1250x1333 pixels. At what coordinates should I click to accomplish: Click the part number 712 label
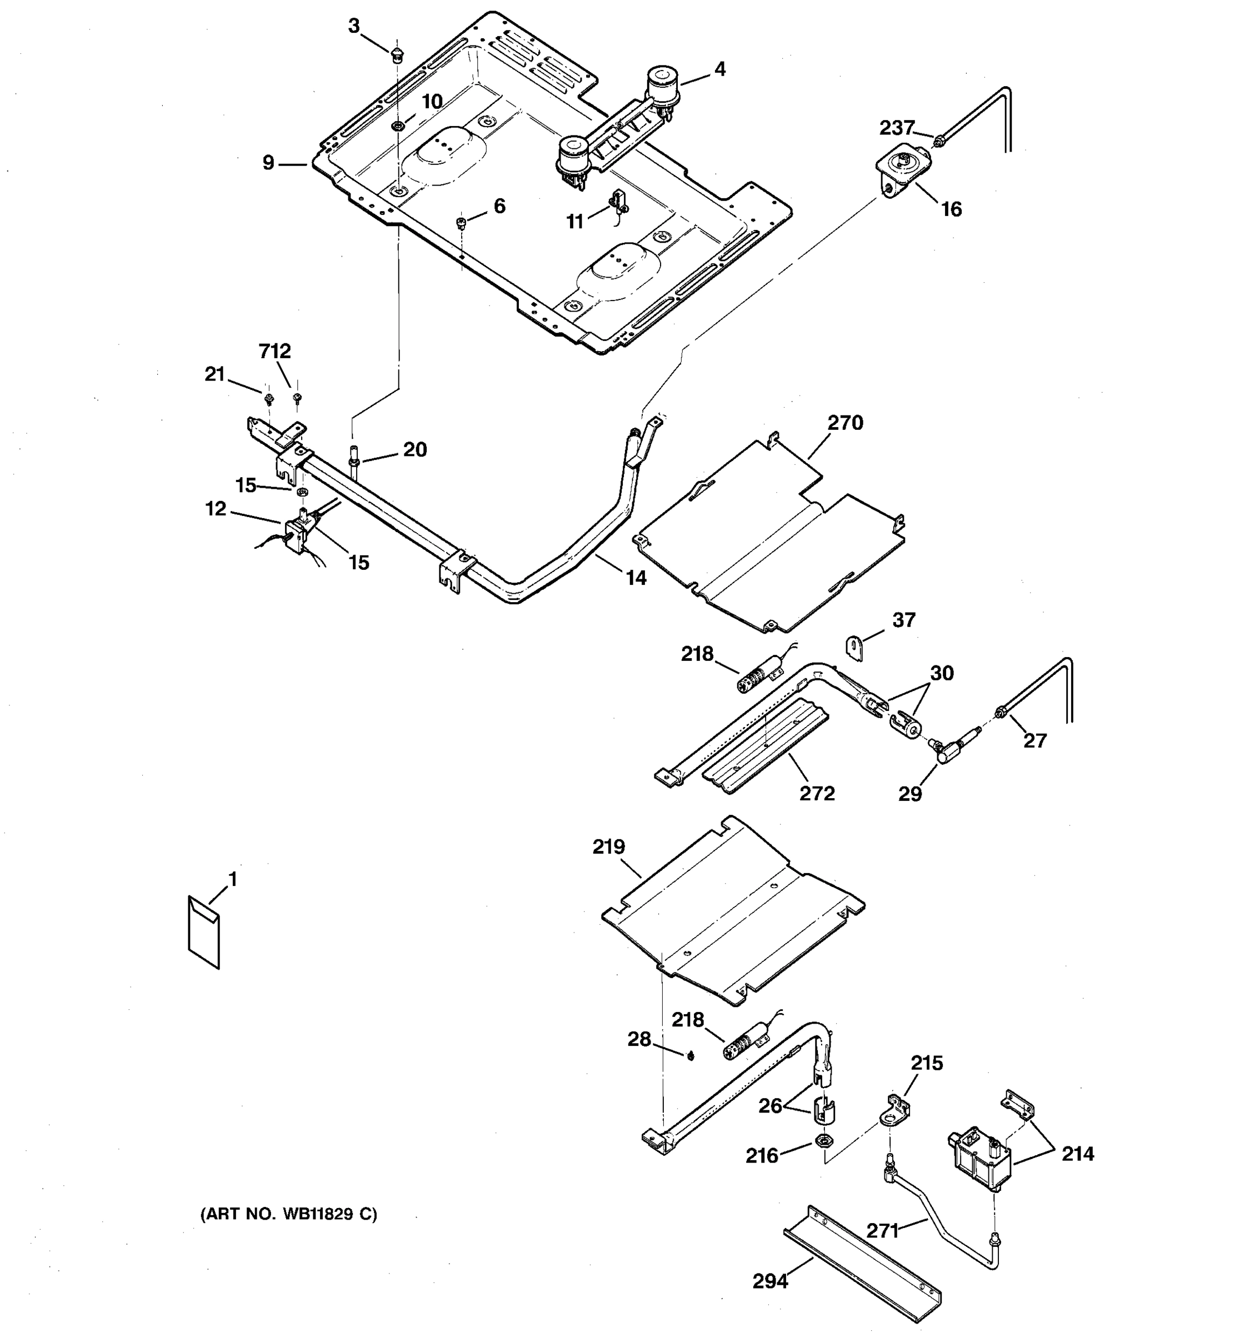click(275, 350)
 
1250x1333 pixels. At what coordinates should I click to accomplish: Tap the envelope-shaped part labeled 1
click(204, 933)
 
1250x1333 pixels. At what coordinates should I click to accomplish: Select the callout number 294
click(770, 1281)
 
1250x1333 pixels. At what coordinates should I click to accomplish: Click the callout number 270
click(845, 423)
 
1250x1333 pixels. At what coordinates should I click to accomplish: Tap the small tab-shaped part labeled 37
click(852, 648)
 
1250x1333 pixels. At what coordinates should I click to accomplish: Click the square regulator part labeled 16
click(904, 165)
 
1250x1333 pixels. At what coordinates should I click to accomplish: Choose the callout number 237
click(897, 127)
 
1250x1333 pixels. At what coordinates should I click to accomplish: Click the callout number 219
click(608, 847)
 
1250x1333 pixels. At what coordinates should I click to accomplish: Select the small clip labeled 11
click(618, 201)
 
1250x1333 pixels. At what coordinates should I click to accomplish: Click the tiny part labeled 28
click(689, 1057)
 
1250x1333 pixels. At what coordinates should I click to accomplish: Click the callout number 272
click(817, 793)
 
